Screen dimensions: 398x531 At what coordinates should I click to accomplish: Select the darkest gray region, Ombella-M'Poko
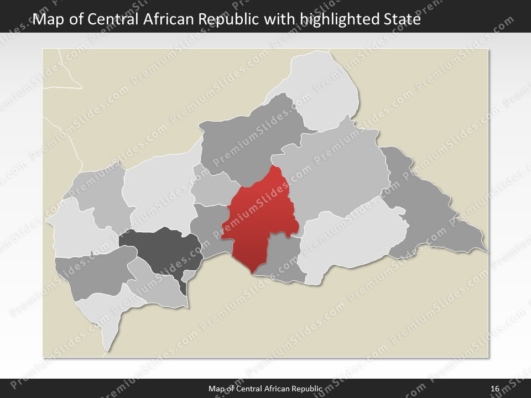coord(160,249)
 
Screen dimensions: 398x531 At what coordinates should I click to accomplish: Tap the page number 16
coord(494,389)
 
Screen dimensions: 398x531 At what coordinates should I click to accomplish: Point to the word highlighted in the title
coord(340,20)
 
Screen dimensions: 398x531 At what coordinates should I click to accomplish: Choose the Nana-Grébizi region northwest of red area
coord(213,188)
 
